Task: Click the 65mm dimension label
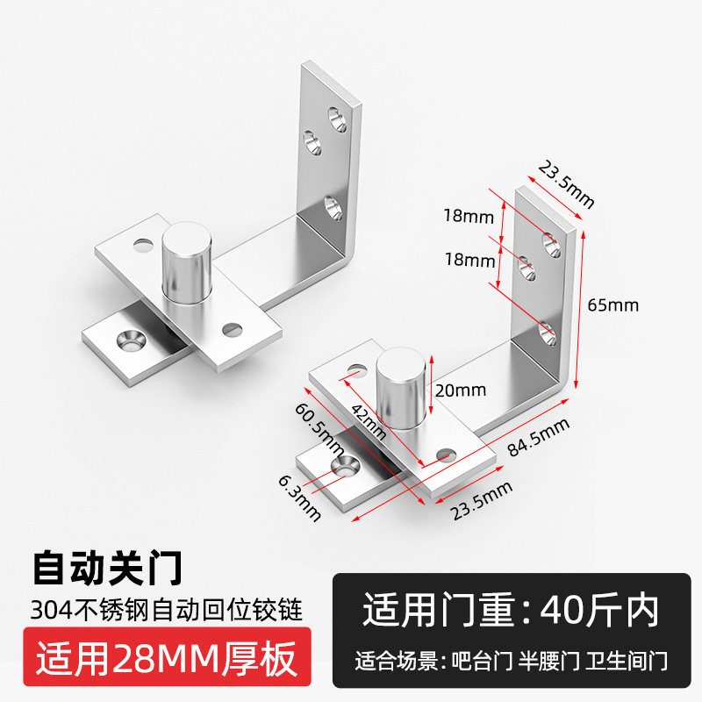coord(612,305)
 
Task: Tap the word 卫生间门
coord(628,660)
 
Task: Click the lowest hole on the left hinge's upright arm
coord(332,209)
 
